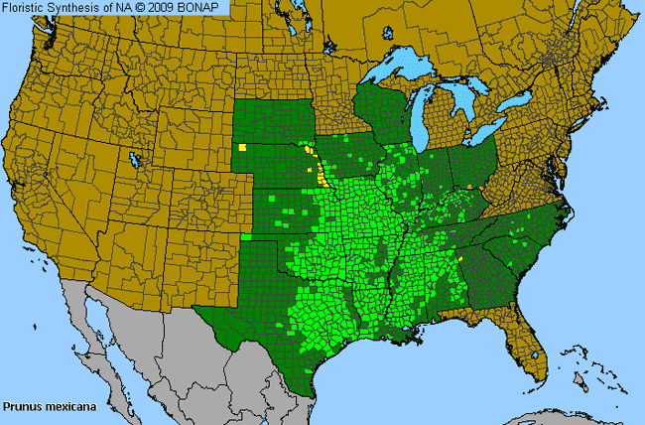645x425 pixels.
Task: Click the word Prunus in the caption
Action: (20, 406)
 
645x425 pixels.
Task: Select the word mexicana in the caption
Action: (63, 406)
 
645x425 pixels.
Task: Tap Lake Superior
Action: (397, 71)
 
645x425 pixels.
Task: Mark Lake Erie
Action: (486, 134)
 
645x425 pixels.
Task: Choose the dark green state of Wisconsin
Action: (383, 109)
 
